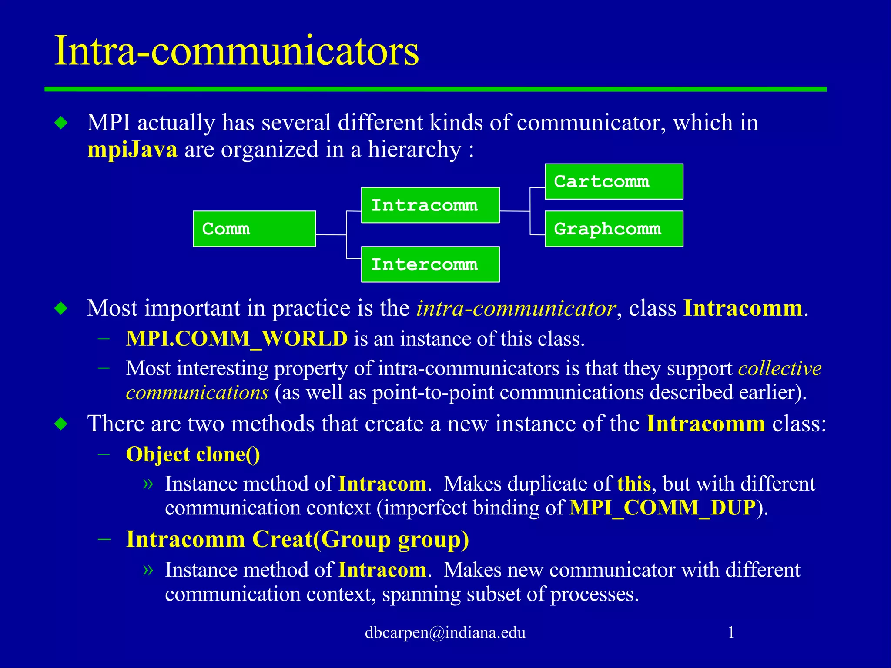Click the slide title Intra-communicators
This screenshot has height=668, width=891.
coord(236,51)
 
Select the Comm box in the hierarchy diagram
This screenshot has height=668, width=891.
coord(254,229)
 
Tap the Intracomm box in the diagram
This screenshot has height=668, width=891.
coord(430,205)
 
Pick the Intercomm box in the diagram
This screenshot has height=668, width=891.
coord(430,264)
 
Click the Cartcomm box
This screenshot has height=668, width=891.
coord(613,182)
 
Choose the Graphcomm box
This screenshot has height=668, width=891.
coord(613,229)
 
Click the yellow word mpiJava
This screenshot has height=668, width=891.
coord(132,150)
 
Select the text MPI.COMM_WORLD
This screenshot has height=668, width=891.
coord(236,339)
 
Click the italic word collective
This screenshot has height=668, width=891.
coord(780,369)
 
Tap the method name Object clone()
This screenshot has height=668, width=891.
coord(193,454)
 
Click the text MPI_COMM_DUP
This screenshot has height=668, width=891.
coord(663,508)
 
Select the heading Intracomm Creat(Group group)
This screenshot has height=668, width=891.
coord(297,540)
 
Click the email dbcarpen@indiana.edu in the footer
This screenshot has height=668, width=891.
coord(445,632)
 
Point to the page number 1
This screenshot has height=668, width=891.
coord(731,632)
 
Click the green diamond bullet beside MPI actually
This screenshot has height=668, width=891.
coord(61,123)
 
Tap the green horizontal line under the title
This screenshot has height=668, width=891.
coord(435,89)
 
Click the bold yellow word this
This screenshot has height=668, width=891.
coord(633,484)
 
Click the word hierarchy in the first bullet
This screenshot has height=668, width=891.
coord(414,150)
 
